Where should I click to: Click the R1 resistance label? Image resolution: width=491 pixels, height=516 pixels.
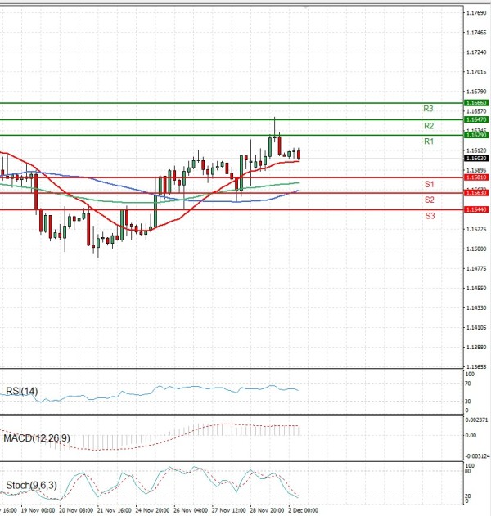coord(428,142)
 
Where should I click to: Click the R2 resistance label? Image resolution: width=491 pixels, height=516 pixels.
coord(428,126)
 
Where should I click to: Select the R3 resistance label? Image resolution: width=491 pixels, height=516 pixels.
coord(428,109)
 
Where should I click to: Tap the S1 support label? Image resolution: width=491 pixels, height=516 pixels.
coord(429,184)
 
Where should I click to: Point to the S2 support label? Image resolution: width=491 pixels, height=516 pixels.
coord(429,200)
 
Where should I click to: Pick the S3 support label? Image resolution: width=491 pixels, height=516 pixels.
coord(429,216)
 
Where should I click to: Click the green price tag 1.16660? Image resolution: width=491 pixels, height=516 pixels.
coord(476,103)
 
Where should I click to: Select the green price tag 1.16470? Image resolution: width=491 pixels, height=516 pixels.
coord(476,119)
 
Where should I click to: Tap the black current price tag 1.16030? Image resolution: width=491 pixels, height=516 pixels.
coord(476,159)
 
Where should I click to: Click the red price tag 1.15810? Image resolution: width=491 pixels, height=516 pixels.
coord(476,177)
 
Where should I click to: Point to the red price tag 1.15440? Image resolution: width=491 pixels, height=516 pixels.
coord(476,209)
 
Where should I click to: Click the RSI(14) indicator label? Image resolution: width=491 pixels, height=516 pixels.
coord(21,392)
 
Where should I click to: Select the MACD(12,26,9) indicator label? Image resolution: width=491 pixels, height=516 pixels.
coord(36,439)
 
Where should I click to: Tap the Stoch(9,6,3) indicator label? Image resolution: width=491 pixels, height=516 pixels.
coord(31,487)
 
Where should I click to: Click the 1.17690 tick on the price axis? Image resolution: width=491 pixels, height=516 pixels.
coord(476,13)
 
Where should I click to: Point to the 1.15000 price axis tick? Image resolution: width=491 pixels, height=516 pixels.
coord(476,269)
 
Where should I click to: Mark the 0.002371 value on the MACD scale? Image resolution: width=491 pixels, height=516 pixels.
coord(476,420)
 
